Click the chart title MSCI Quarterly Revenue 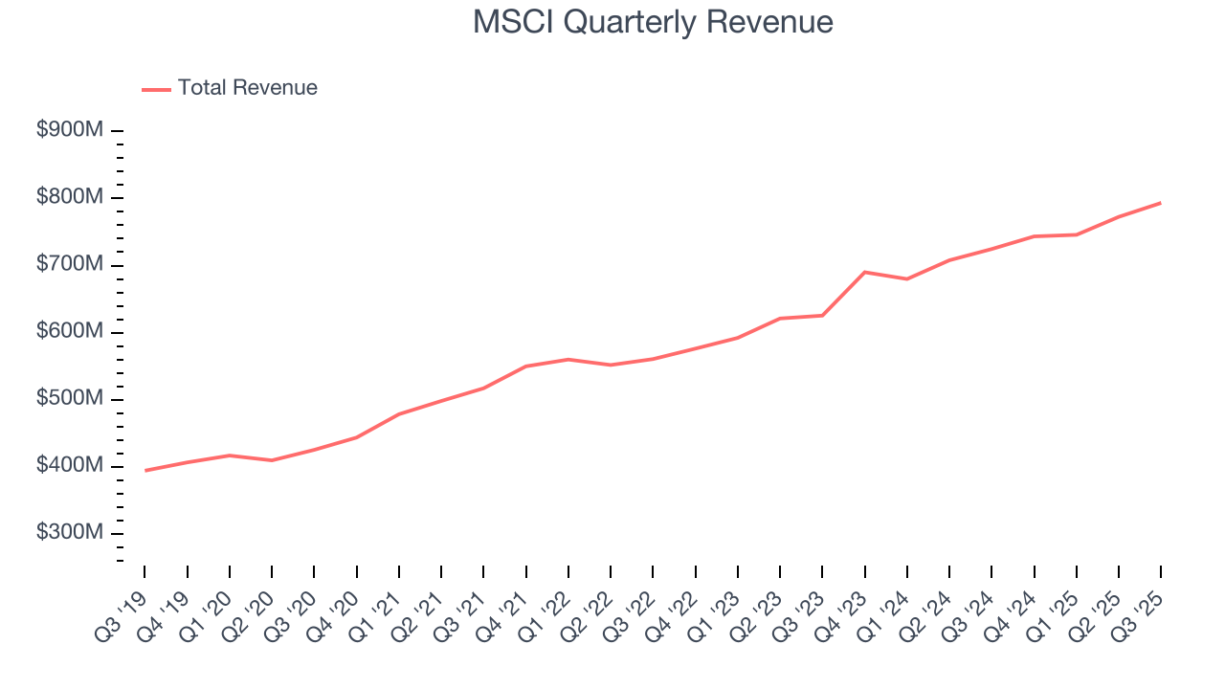653,22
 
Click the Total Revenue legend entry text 247,88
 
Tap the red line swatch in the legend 156,89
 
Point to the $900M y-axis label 70,130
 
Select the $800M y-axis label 70,197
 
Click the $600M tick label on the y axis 70,331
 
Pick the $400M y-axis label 70,466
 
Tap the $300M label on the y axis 70,533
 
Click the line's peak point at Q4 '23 864,272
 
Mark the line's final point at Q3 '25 1160,203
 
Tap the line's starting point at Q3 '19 145,471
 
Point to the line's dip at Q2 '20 272,460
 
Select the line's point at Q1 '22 568,359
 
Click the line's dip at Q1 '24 906,278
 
